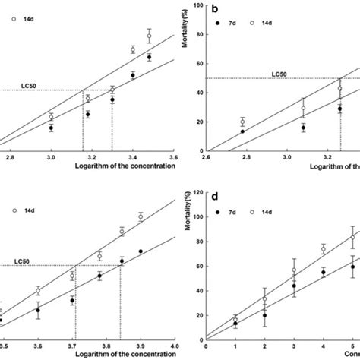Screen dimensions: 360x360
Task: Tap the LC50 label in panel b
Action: (283, 74)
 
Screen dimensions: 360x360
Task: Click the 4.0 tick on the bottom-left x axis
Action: (173, 346)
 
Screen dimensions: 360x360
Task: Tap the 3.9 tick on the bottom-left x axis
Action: (141, 346)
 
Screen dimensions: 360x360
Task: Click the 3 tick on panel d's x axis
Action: (294, 346)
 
